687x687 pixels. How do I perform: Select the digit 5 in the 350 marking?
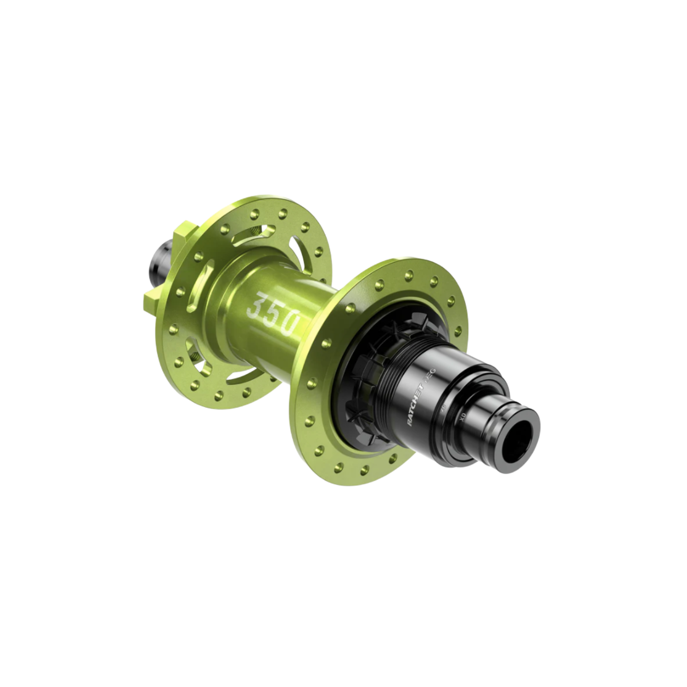pyautogui.click(x=272, y=313)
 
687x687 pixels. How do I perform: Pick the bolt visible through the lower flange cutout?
pyautogui.click(x=195, y=356)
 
